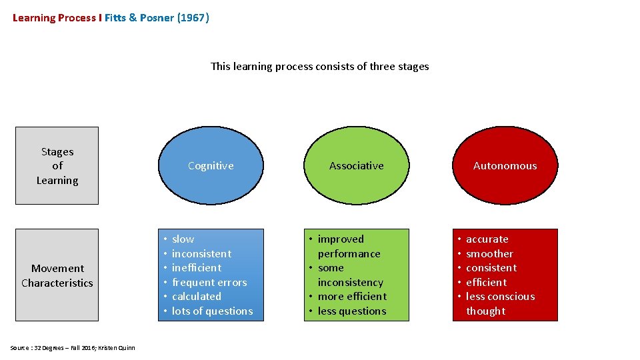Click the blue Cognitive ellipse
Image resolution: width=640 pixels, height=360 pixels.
click(211, 166)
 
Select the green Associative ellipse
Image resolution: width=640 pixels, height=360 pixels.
click(356, 166)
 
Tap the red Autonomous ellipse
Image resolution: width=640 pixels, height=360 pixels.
click(505, 166)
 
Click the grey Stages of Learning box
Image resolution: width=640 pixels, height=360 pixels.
click(57, 166)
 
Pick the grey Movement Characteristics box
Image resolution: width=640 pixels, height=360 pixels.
click(57, 275)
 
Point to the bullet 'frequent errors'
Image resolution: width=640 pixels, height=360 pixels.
click(209, 283)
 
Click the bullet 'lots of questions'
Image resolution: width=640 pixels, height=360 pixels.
click(212, 311)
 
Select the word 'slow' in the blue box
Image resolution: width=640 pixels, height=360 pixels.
click(183, 239)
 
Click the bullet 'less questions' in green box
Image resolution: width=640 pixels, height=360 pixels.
click(352, 311)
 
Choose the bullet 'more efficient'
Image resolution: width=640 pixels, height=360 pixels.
click(352, 297)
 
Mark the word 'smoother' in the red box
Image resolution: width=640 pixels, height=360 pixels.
click(489, 254)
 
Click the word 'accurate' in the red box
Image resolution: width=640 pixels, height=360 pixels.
click(487, 239)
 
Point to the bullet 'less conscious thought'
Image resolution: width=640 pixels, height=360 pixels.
click(500, 304)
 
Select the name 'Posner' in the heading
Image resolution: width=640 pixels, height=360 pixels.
click(157, 18)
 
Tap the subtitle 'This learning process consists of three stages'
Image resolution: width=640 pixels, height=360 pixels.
click(320, 67)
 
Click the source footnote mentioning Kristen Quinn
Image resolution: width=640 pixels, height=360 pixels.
click(73, 348)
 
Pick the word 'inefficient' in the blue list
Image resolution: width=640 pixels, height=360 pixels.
click(196, 268)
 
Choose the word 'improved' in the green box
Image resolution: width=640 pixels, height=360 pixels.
click(341, 239)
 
